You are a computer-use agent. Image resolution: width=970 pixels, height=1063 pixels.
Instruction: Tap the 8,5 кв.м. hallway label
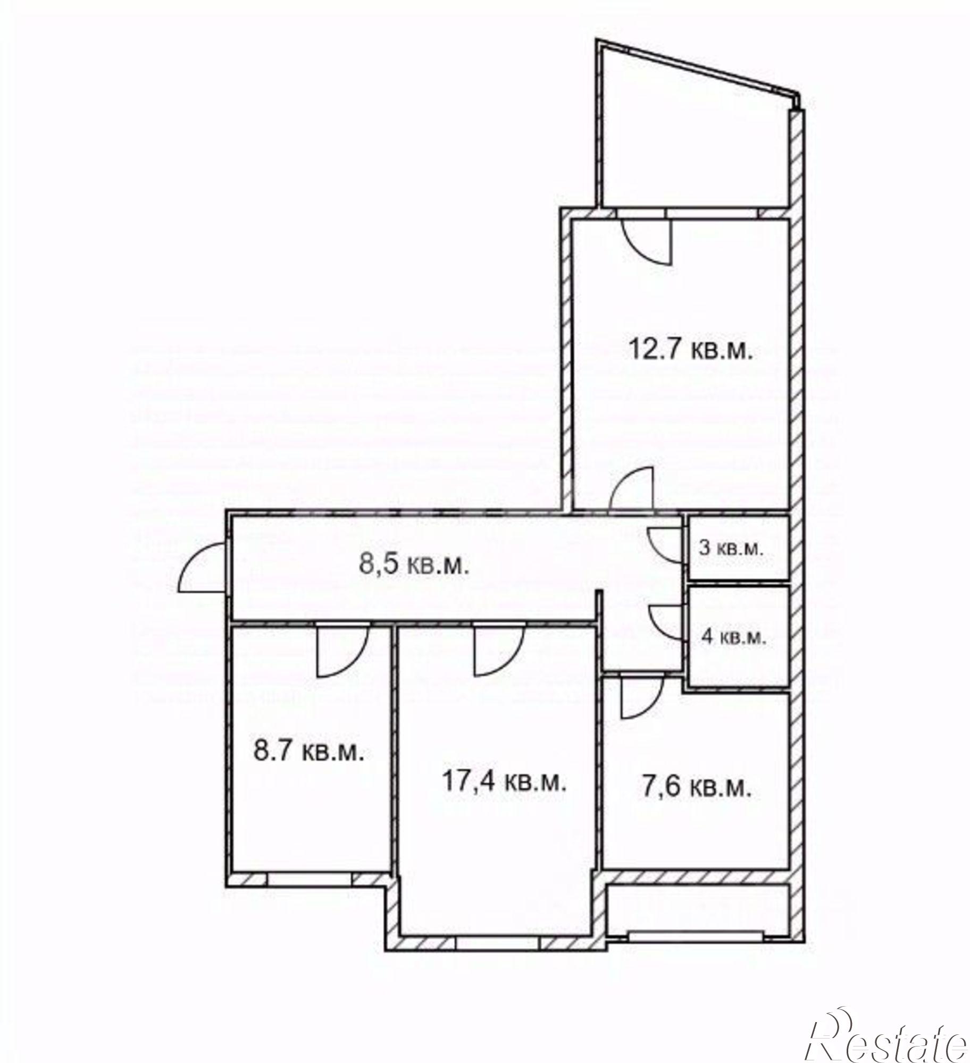(x=415, y=566)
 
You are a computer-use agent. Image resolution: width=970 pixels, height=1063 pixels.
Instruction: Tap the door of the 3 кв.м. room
(x=665, y=544)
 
